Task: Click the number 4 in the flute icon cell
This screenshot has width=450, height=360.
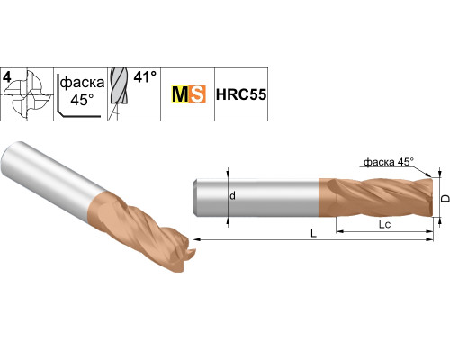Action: (7, 77)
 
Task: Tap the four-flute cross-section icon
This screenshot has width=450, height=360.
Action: (29, 95)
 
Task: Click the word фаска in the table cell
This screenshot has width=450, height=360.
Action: (82, 83)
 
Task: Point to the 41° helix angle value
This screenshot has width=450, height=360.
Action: (145, 77)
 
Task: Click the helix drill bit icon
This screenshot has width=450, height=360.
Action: (119, 94)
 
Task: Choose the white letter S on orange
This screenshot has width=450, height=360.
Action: (198, 94)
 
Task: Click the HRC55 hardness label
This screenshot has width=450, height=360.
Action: (241, 94)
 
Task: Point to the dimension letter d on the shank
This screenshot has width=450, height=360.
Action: (232, 196)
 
